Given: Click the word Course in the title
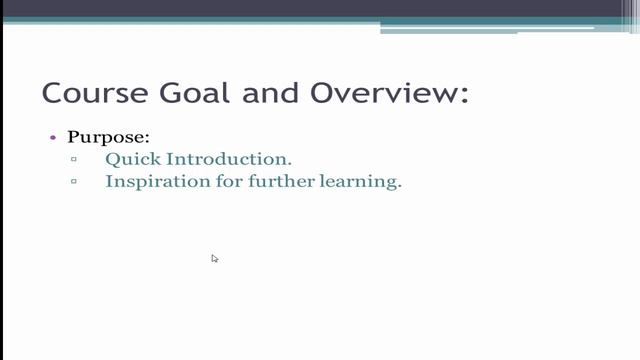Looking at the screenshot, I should pyautogui.click(x=92, y=93).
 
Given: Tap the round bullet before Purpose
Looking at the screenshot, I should pyautogui.click(x=53, y=137).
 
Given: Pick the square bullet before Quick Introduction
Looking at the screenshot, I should pyautogui.click(x=74, y=160).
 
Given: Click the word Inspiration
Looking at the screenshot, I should pyautogui.click(x=155, y=183).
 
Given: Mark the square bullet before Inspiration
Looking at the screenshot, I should pyautogui.click(x=74, y=183).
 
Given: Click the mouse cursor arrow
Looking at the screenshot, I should pyautogui.click(x=213, y=257).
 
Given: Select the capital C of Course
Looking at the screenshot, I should pyautogui.click(x=53, y=93).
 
